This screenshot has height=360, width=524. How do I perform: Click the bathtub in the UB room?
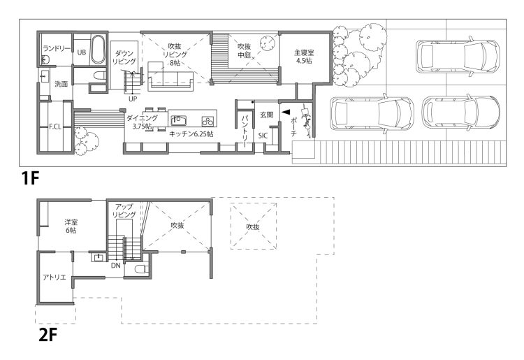point(98,49)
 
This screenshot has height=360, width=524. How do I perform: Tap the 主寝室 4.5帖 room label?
point(304,57)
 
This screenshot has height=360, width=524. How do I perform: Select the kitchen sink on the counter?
point(178,120)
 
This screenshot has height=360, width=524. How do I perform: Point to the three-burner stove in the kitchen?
point(208,120)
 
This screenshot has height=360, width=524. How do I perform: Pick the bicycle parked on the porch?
point(307,120)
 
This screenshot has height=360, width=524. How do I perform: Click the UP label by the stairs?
point(133,99)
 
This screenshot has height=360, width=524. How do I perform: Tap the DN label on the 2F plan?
point(115,266)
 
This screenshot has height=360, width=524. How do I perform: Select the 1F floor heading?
point(31,178)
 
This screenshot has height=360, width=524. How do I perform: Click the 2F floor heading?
point(48,336)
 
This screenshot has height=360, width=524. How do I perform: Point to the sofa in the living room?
point(171,76)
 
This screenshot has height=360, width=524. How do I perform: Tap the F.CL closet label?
point(55,127)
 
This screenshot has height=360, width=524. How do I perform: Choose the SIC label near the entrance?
point(263,136)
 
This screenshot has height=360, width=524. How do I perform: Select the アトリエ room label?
point(54,277)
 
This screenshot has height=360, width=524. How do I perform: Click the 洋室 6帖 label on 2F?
point(71,226)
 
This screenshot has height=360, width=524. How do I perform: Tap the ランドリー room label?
point(57,49)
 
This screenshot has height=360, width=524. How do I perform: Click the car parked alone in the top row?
point(458,56)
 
